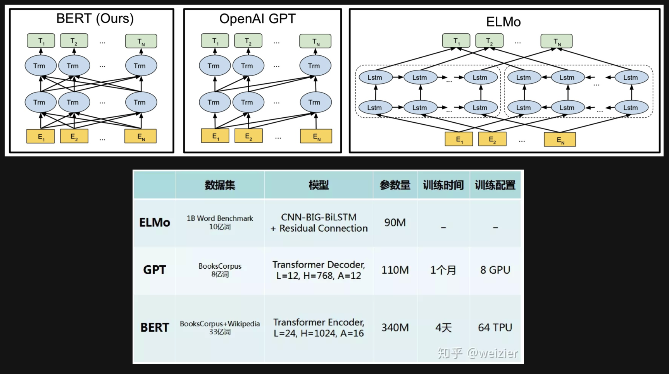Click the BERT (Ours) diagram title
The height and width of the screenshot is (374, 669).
(x=95, y=19)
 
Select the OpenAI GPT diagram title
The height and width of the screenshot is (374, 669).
(x=257, y=19)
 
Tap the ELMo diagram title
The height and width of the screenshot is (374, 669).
(x=503, y=22)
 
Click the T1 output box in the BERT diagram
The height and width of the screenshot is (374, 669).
(x=41, y=41)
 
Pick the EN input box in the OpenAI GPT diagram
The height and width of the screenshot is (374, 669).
(x=316, y=136)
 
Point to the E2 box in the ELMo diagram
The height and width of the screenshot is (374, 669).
(x=492, y=139)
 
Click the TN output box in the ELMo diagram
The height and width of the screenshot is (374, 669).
(x=557, y=41)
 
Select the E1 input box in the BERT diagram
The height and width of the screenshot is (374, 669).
(x=41, y=136)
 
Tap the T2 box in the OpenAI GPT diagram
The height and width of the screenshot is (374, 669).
(x=248, y=41)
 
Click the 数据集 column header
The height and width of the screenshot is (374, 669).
(x=220, y=185)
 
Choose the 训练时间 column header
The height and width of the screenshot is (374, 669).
(x=443, y=185)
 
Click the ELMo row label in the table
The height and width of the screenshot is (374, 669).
(x=155, y=223)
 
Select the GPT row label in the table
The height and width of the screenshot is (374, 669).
(x=155, y=270)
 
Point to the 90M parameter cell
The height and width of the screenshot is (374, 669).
(x=395, y=223)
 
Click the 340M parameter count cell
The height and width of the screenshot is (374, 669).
(x=395, y=328)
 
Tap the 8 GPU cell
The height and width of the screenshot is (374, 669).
(x=495, y=270)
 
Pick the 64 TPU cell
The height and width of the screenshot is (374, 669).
(x=495, y=328)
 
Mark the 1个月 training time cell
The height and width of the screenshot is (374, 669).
(x=443, y=270)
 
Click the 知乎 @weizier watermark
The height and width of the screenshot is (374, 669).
(x=478, y=353)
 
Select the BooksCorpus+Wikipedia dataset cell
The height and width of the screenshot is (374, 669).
(x=220, y=327)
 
